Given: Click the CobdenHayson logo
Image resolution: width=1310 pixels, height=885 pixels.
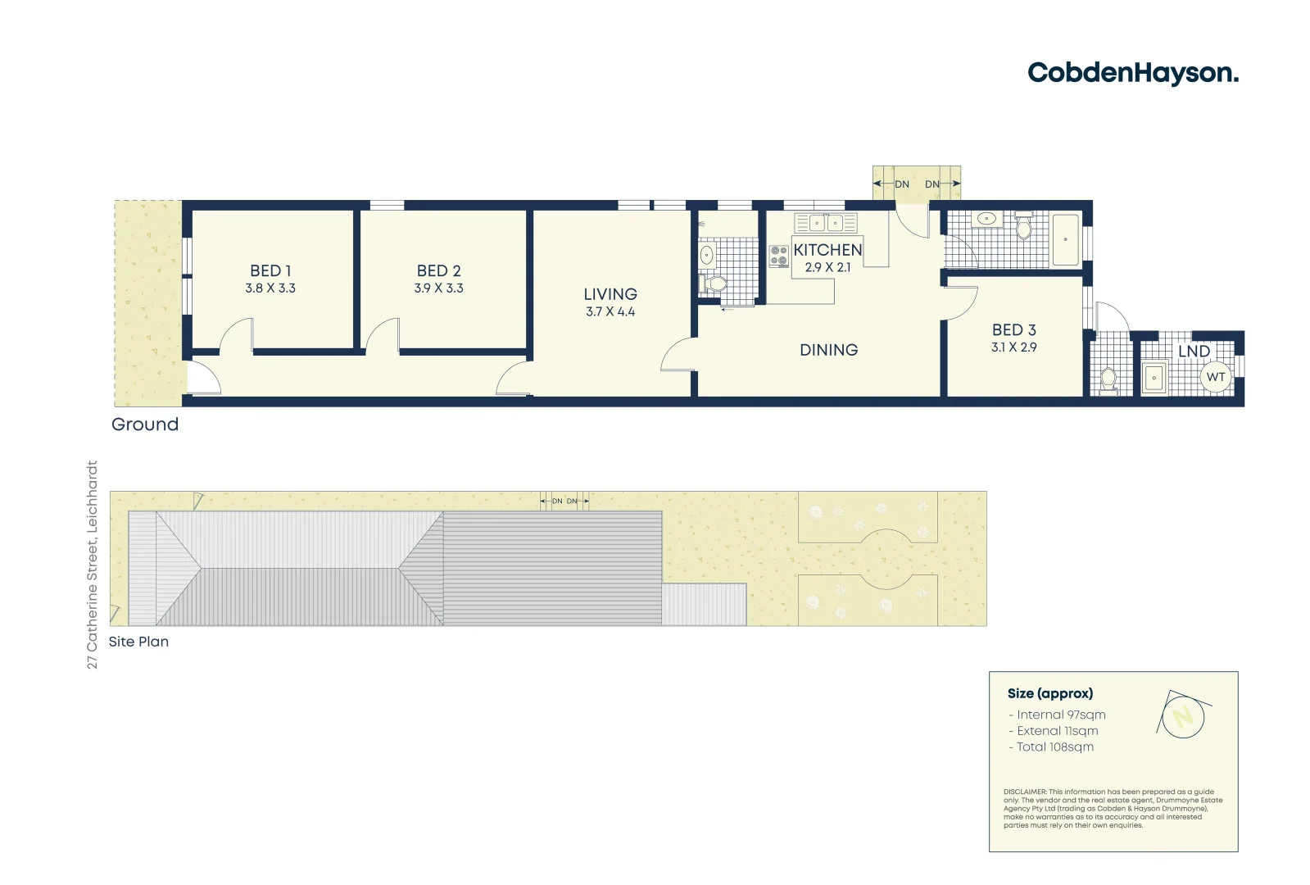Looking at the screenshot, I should (1132, 73).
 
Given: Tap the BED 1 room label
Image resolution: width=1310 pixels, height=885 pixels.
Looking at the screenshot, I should (270, 270).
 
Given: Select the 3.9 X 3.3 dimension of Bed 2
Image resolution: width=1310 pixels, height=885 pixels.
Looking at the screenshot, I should (438, 288).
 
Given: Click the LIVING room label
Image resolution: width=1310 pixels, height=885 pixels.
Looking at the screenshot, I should (610, 294).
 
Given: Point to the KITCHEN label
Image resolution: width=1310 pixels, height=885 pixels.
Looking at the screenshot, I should (827, 250).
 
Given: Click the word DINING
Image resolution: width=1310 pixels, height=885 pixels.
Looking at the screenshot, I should (828, 350).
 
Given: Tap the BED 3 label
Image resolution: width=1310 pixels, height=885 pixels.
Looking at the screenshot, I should (1013, 329).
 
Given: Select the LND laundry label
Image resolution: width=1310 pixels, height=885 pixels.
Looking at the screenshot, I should (1194, 351).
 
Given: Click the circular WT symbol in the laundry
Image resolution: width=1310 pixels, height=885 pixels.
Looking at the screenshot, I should (1216, 377).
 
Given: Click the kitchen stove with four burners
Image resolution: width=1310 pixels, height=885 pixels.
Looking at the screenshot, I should (779, 256).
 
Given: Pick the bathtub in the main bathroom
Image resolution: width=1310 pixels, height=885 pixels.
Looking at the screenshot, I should (1065, 239).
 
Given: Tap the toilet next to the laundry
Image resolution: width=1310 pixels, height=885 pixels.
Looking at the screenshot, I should (1108, 379).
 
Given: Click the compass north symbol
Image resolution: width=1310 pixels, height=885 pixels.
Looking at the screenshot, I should (1183, 716).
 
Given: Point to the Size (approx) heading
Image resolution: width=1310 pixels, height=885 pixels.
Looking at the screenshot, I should (1049, 693).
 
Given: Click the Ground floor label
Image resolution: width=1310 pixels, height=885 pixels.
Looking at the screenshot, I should (145, 424).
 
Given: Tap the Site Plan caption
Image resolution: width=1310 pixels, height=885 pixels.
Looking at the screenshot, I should (138, 642).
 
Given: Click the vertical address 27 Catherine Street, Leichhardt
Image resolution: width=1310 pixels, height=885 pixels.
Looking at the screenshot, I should (93, 564).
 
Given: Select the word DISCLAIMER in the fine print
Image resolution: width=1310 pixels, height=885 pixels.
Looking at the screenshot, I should (1024, 792).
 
